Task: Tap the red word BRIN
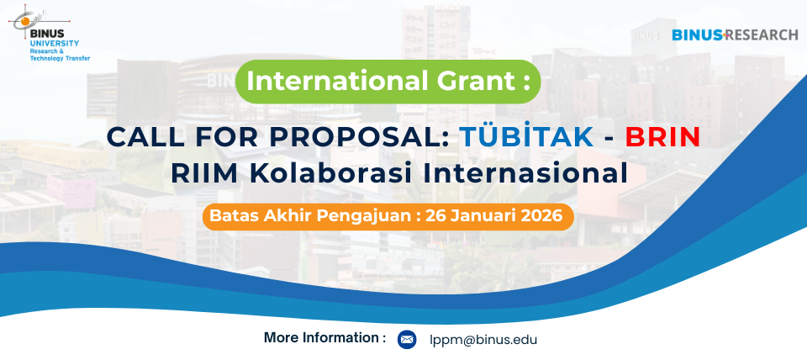click(x=663, y=136)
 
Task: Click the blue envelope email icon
click(x=407, y=340)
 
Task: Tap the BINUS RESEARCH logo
click(x=735, y=35)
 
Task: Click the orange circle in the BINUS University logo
click(x=24, y=22)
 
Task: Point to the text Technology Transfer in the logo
click(x=61, y=59)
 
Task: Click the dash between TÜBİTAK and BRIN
click(x=610, y=139)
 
